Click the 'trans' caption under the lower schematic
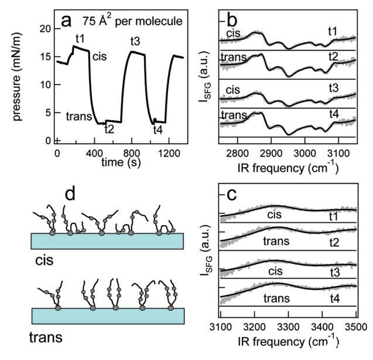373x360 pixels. click(x=45, y=338)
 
